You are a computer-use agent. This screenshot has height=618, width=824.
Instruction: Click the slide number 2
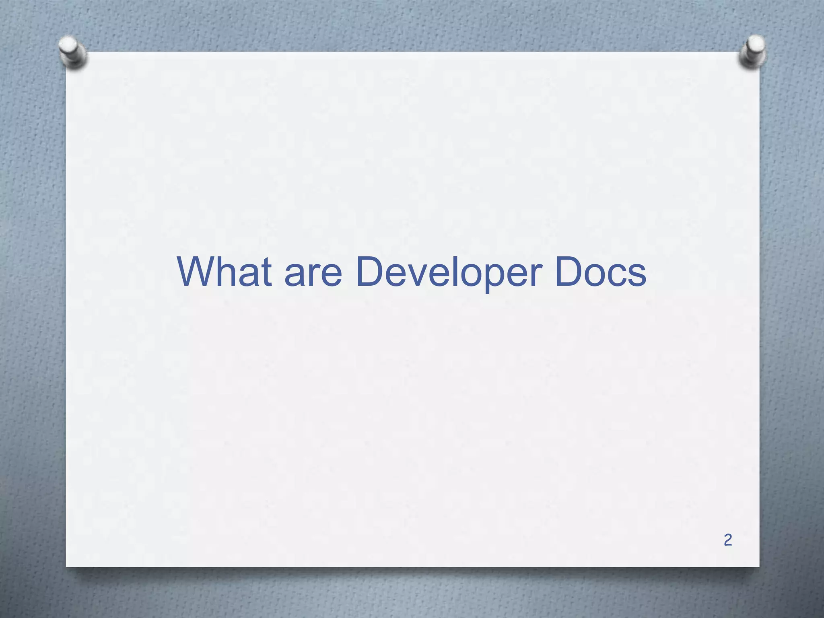(727, 540)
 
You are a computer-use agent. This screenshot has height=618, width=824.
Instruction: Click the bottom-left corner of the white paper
(67, 566)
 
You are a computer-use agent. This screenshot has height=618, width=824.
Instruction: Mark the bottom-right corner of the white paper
(759, 566)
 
